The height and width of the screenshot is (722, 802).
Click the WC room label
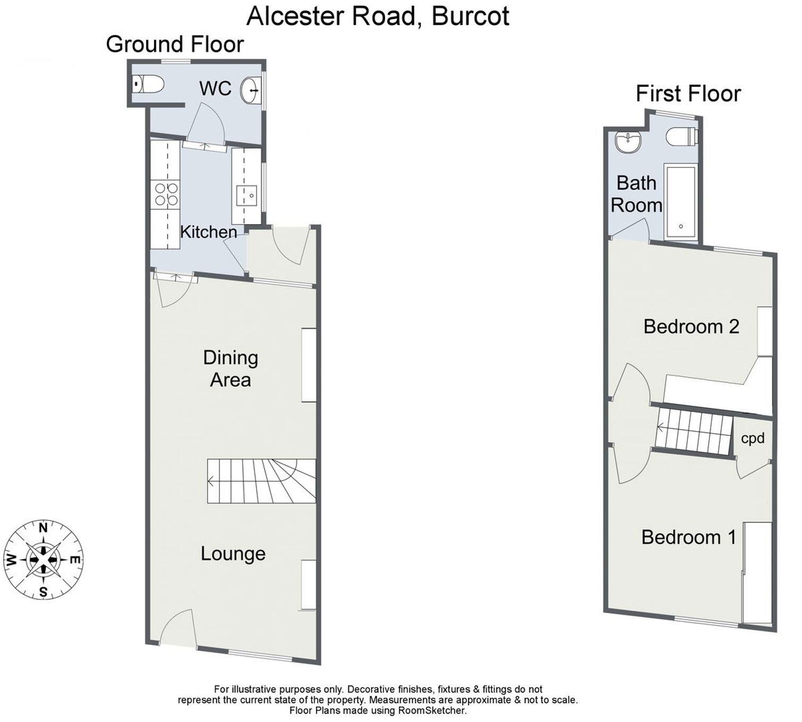pos(215,88)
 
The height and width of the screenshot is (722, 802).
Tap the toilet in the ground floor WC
pos(150,84)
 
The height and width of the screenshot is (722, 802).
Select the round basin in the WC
pos(250,90)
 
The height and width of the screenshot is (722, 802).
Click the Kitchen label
pos(209,232)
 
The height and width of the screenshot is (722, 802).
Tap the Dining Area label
pos(231,368)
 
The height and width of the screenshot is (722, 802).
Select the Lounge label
pos(233,554)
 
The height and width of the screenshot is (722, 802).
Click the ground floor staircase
pos(261,481)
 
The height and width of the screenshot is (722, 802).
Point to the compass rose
pos(44,560)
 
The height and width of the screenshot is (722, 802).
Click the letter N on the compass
pos(44,527)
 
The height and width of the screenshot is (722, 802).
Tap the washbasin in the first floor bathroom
pos(628,142)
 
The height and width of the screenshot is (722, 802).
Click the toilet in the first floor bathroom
pos(682,136)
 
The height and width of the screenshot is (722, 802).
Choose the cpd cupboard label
pos(753,439)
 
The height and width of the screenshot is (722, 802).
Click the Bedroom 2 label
pos(691,326)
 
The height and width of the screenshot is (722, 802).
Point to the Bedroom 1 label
pos(688,537)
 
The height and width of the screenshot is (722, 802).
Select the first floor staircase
pos(693,431)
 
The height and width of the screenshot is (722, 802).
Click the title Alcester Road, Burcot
pos(378,16)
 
